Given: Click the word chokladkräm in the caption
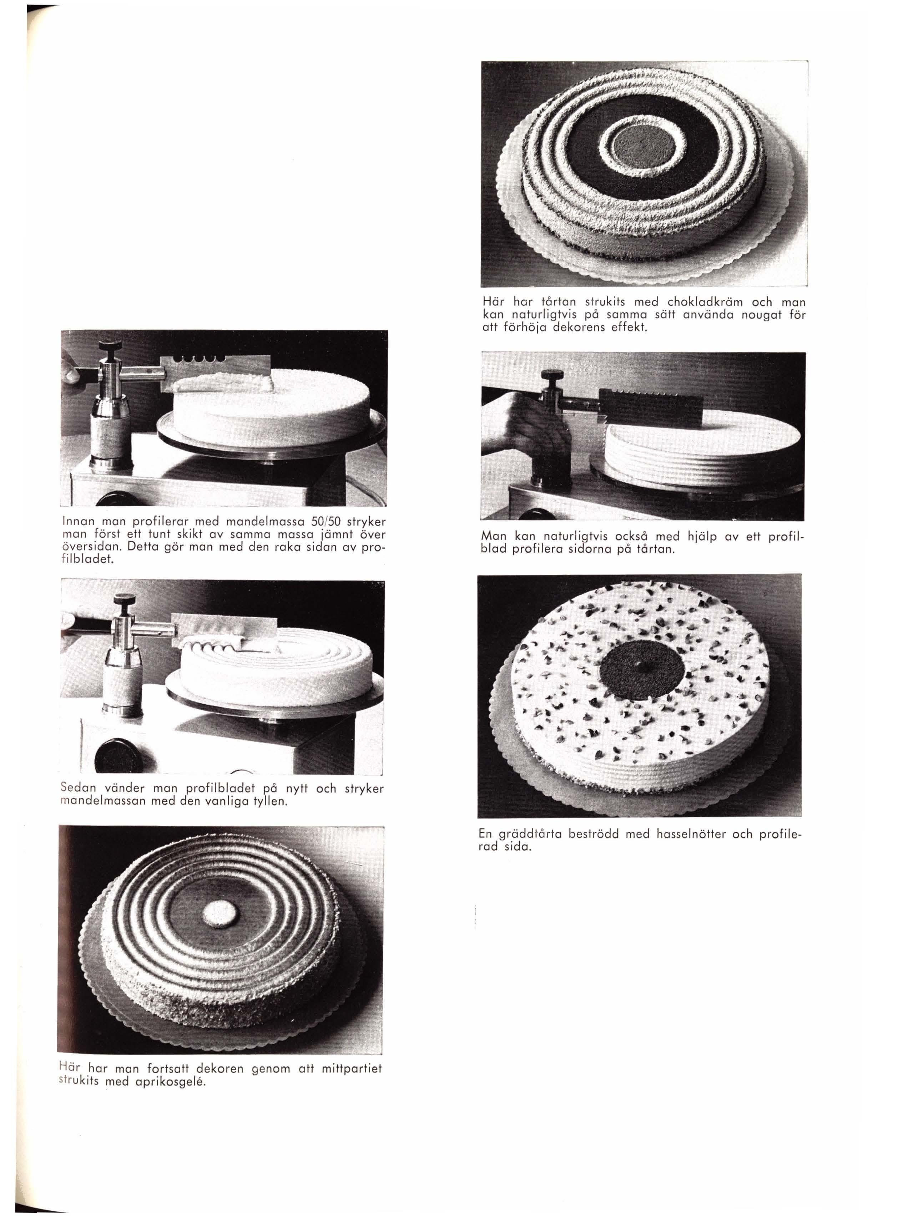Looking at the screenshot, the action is coord(698,302).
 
